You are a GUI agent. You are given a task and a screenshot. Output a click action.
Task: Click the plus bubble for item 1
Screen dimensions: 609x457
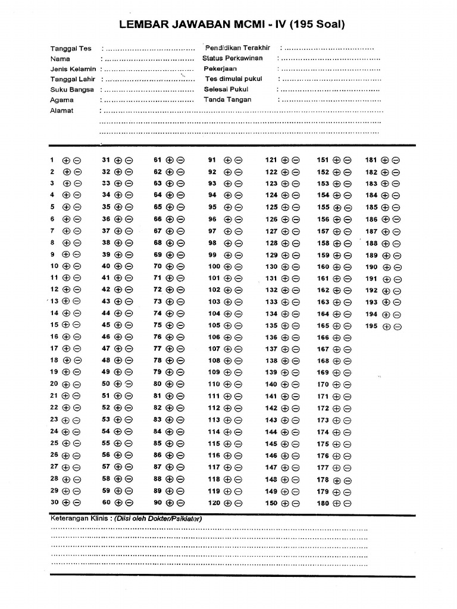[x=66, y=160]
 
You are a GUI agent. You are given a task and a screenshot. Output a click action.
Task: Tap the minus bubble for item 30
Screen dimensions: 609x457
[x=77, y=503]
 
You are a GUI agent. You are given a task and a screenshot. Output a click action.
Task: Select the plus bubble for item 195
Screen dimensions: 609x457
[x=386, y=327]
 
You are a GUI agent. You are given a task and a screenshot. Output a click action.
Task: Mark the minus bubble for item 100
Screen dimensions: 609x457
[x=238, y=266]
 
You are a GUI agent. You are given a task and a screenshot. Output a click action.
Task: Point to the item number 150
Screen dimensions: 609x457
[x=271, y=503]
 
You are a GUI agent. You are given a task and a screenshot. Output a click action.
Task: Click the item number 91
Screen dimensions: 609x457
[x=212, y=160]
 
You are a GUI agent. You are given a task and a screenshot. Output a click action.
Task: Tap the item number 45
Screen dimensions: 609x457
[x=106, y=325]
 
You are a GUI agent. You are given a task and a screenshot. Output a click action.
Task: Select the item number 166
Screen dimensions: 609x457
[x=323, y=337]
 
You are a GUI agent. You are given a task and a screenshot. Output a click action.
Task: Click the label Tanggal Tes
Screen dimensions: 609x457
[x=71, y=49]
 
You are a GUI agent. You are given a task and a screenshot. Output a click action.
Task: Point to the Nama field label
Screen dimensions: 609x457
[x=60, y=59]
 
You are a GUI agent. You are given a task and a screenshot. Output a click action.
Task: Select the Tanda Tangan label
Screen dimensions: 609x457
[x=227, y=100]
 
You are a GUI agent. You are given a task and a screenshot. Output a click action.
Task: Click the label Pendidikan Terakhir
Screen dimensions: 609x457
[x=237, y=48]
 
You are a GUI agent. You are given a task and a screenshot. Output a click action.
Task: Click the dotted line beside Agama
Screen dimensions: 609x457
[x=149, y=101]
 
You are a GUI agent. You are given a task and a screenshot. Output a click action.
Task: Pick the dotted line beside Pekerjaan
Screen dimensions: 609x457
[x=330, y=69]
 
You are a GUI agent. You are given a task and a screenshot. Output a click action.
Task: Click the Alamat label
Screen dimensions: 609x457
[x=62, y=111]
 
